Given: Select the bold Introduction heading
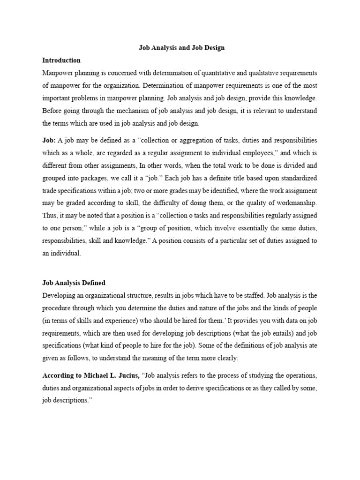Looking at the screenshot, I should tap(61, 60).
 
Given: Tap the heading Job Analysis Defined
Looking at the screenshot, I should tap(74, 283).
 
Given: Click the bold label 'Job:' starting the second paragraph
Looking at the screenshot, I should tap(49, 140).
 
